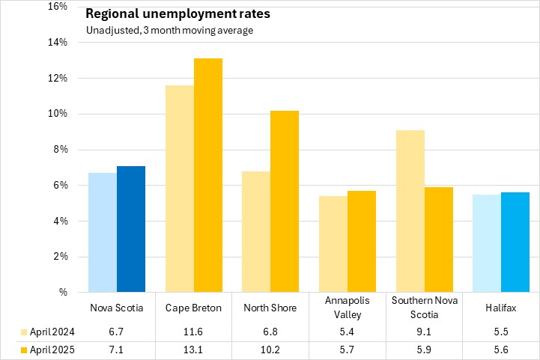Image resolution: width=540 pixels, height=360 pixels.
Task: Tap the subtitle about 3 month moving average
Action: (x=169, y=30)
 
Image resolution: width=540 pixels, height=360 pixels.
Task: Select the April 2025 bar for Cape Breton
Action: (x=208, y=175)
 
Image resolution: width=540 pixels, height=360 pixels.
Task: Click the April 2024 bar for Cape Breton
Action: (x=180, y=189)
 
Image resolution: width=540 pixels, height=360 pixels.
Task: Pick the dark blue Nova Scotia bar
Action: (x=131, y=229)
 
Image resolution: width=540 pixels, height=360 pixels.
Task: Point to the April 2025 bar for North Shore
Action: (x=285, y=201)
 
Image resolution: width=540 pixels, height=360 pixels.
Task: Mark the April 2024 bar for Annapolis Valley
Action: (x=333, y=244)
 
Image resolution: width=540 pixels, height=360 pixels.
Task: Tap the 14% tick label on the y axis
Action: (x=57, y=42)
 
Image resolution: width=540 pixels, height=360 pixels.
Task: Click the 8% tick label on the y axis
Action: (x=60, y=150)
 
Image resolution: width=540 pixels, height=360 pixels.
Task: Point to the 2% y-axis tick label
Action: (x=60, y=257)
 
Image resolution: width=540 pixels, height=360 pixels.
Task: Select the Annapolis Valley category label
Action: (x=347, y=308)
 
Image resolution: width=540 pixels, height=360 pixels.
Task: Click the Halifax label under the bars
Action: (x=500, y=308)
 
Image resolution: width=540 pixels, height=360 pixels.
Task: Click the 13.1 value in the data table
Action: (x=193, y=350)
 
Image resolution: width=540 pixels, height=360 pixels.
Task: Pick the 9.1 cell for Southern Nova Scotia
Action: (x=423, y=332)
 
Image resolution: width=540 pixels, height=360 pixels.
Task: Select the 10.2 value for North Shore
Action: (x=270, y=350)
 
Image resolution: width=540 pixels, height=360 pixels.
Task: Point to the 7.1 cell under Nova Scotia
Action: (x=116, y=350)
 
